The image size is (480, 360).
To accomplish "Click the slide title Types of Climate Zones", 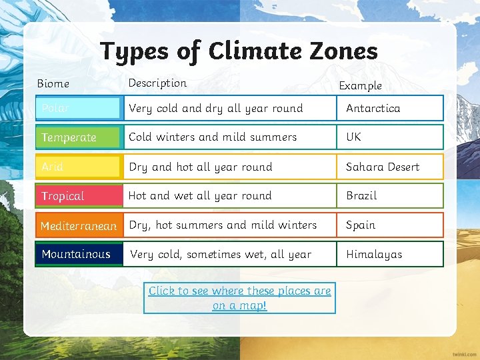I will pos(239,51).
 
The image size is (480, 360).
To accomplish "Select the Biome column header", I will pos(53,83).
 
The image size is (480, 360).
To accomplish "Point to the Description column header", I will pos(157,83).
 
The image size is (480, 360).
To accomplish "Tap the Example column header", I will pos(360,85).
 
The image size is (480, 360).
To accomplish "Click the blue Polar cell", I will pos(79,108).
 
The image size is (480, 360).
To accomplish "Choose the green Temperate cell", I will pos(79,137).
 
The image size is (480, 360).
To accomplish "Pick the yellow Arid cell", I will pos(79,167).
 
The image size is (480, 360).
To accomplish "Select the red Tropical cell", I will pos(79,196).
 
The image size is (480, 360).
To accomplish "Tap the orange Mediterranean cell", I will pos(79,225).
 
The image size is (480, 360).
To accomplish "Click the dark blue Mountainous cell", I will pos(79,254).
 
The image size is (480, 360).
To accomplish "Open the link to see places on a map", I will pos(239,298).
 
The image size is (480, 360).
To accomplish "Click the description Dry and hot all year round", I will pos(200,167).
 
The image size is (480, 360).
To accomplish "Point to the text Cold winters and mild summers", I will pos(212,137).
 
